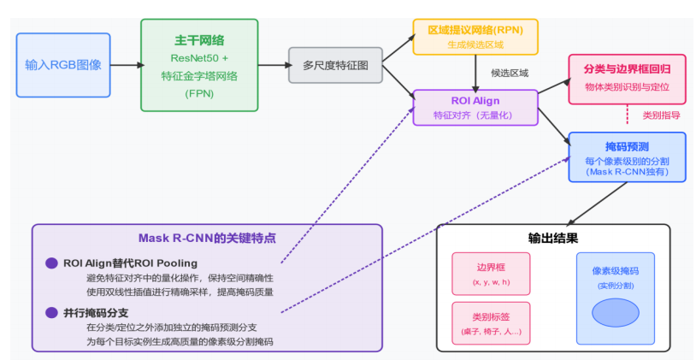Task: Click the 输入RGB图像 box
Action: point(63,64)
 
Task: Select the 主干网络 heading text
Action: point(199,39)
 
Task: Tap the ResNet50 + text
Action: point(199,58)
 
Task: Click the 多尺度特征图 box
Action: point(334,64)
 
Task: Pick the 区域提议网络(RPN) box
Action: point(475,37)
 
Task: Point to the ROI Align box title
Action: point(475,101)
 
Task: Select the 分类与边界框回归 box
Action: point(626,78)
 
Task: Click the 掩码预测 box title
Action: point(627,145)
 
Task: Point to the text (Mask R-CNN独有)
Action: point(627,172)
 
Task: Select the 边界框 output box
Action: point(491,273)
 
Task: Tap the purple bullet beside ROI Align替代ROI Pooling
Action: point(51,263)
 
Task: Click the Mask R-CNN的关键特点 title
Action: point(207,238)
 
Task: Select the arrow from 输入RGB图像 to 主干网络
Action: point(126,64)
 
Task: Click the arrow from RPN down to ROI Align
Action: point(475,72)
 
